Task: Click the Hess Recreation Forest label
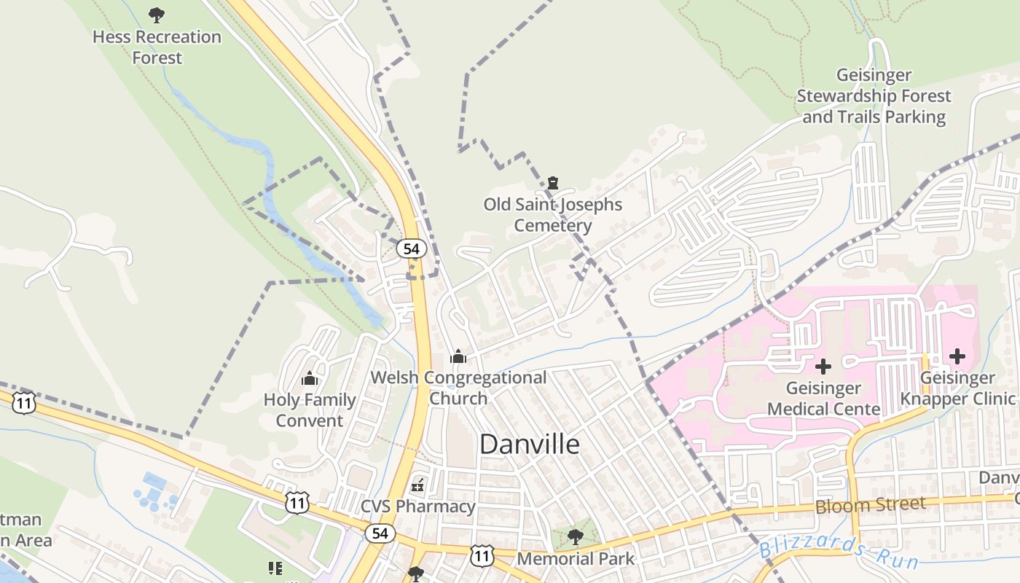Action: [x=157, y=47]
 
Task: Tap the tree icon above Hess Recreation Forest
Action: [x=156, y=15]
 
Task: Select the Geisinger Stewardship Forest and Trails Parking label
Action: [x=874, y=96]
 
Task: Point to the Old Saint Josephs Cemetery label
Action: [x=552, y=214]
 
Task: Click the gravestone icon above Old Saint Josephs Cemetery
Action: [x=552, y=183]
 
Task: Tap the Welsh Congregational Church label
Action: [x=458, y=388]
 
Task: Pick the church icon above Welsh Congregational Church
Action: [x=458, y=356]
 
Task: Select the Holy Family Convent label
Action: [x=310, y=410]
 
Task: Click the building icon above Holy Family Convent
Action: [x=310, y=378]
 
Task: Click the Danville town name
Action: [x=530, y=444]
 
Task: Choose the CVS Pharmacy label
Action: [x=418, y=506]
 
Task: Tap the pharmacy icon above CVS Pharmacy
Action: [x=418, y=484]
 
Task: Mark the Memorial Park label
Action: [x=576, y=558]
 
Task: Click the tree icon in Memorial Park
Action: [x=576, y=537]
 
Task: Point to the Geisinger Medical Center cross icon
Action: [x=823, y=366]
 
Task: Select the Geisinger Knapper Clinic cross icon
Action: [x=957, y=356]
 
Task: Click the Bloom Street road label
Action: [x=871, y=504]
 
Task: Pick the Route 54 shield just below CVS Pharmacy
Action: [x=380, y=533]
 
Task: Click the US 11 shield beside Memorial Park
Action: [x=482, y=555]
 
